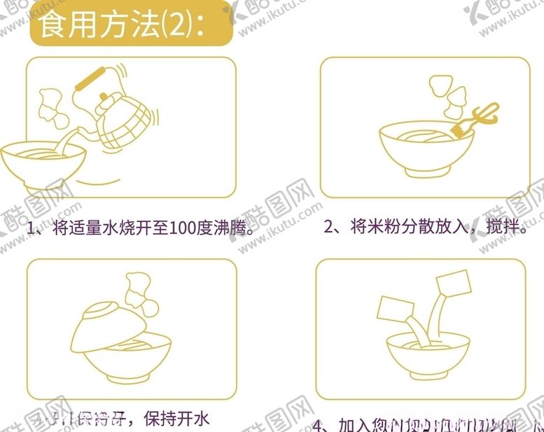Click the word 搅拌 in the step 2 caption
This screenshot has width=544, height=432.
coord(501,227)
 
